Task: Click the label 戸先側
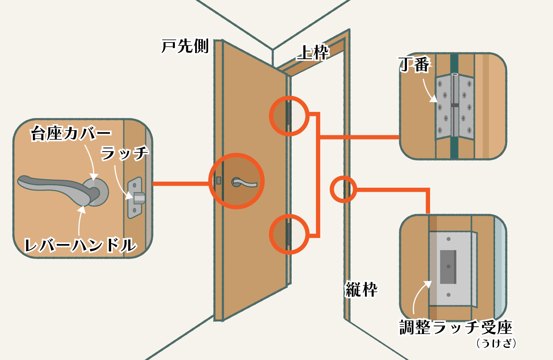[185, 46]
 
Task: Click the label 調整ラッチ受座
[456, 328]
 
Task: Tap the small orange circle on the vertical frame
[343, 189]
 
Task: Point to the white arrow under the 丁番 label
[428, 90]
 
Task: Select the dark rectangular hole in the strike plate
[448, 266]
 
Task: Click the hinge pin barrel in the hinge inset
[454, 105]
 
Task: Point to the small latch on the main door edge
[219, 180]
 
